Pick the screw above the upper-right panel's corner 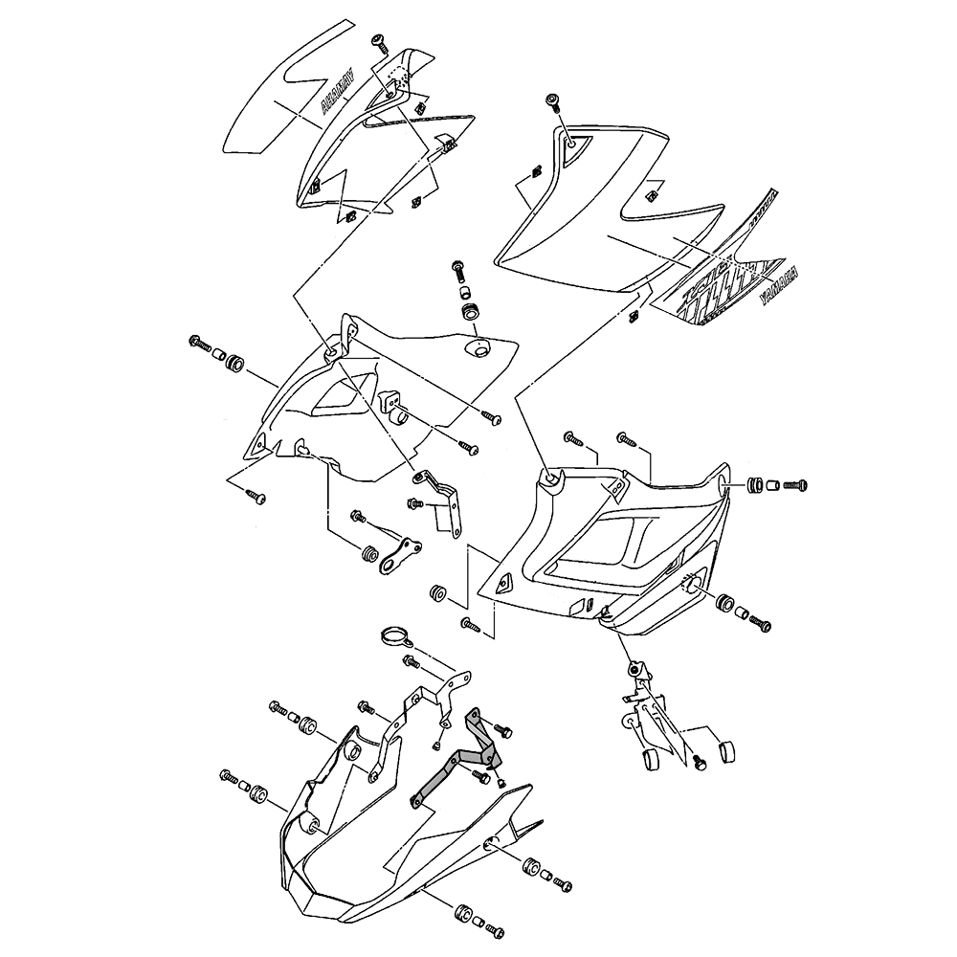point(554,103)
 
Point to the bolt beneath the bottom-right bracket point(699,764)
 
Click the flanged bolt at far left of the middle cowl point(201,342)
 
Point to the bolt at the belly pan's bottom point(494,929)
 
